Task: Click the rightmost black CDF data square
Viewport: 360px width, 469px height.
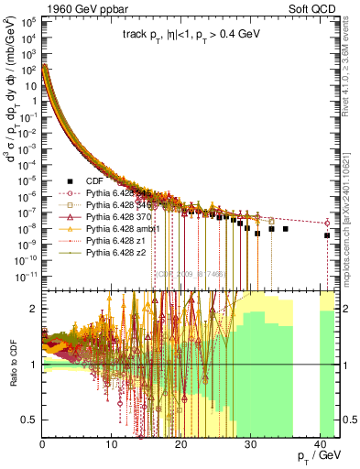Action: pos(327,235)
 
